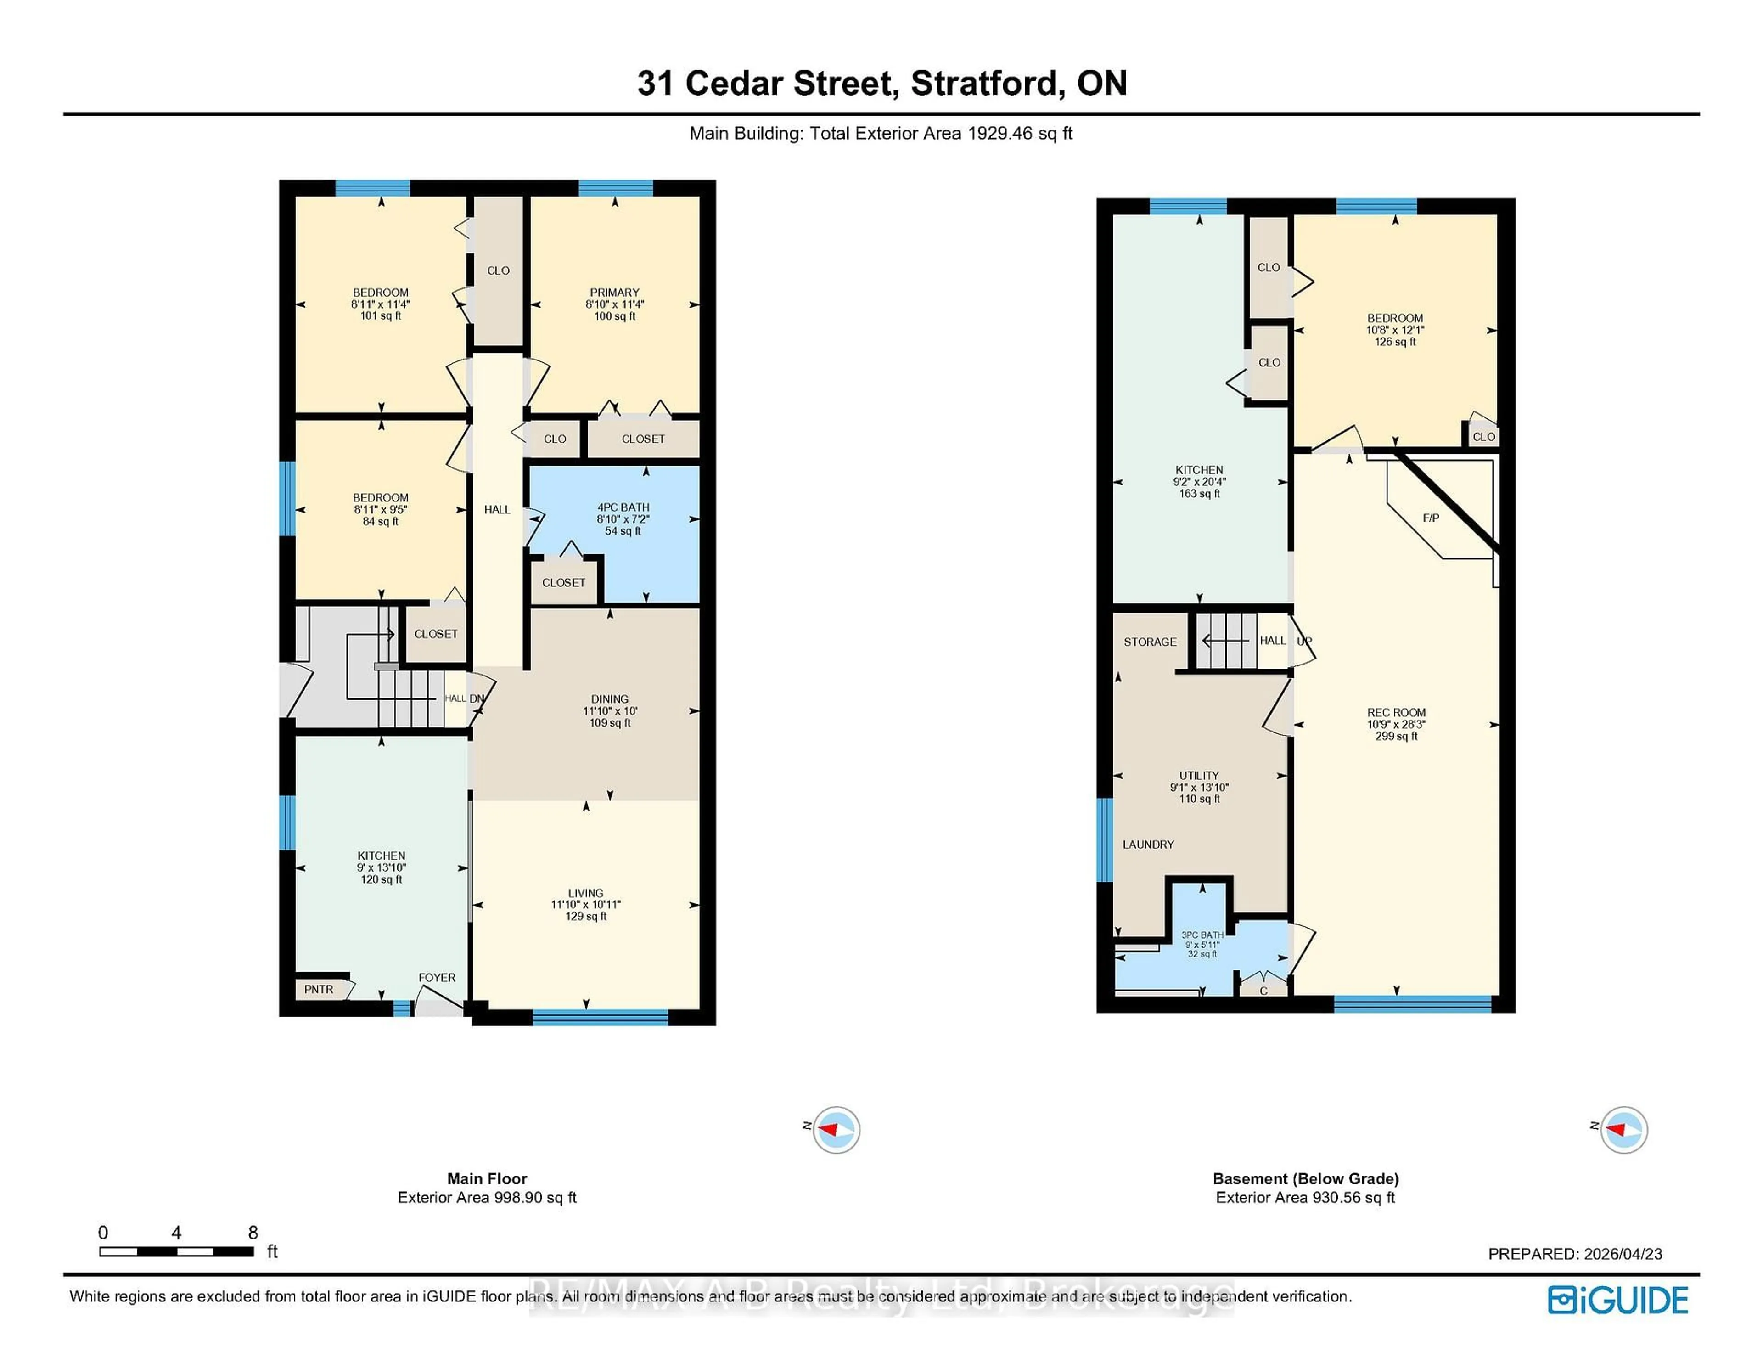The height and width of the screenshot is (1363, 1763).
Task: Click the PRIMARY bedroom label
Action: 614,293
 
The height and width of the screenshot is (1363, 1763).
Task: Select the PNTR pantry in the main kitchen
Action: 319,989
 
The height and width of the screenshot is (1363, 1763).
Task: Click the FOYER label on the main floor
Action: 437,977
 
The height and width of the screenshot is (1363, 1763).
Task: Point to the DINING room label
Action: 609,699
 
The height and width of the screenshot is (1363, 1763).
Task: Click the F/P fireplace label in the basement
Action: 1431,518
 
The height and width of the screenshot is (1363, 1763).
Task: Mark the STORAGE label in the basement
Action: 1150,642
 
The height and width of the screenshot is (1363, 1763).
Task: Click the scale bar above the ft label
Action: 177,1251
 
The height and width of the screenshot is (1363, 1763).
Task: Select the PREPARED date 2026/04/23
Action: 1575,1254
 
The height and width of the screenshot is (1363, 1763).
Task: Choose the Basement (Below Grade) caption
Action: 1305,1179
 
